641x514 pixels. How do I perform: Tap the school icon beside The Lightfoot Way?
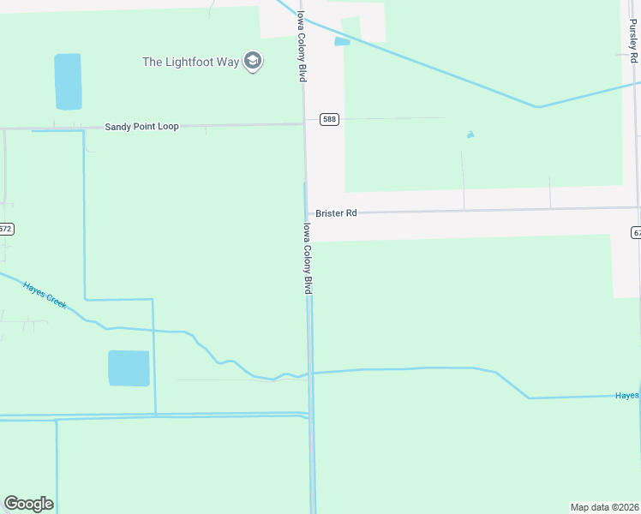tap(252, 62)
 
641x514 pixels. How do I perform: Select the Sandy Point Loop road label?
tap(141, 127)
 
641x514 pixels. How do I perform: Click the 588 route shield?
tap(330, 119)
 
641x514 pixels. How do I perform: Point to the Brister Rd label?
tap(336, 213)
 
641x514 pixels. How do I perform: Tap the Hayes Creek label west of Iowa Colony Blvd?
tap(45, 296)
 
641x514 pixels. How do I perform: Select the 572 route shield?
tap(6, 230)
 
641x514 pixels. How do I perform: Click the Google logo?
tap(28, 504)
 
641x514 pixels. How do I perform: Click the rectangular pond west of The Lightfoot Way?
tap(68, 81)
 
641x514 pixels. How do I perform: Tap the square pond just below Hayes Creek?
tap(129, 368)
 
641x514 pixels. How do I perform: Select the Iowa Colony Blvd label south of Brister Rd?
tap(307, 260)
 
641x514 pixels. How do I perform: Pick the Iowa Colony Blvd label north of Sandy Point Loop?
tap(302, 45)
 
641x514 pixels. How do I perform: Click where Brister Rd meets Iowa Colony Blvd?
tap(307, 214)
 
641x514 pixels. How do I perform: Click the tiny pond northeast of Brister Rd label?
tap(470, 134)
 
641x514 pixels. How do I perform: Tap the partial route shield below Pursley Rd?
tap(636, 232)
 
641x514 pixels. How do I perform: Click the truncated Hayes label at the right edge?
tap(627, 395)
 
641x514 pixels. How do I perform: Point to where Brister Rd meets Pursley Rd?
tap(638, 207)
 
